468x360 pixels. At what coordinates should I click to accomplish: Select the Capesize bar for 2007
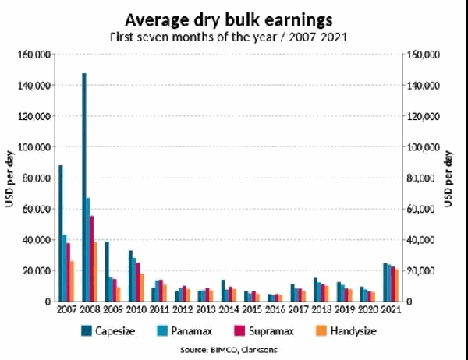[x=61, y=233]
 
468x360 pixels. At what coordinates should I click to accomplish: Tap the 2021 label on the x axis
[x=391, y=310]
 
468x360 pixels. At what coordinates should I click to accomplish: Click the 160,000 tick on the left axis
[x=34, y=55]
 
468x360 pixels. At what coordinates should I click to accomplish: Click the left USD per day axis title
[x=11, y=178]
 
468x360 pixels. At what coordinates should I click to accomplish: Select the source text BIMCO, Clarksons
[x=233, y=350]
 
